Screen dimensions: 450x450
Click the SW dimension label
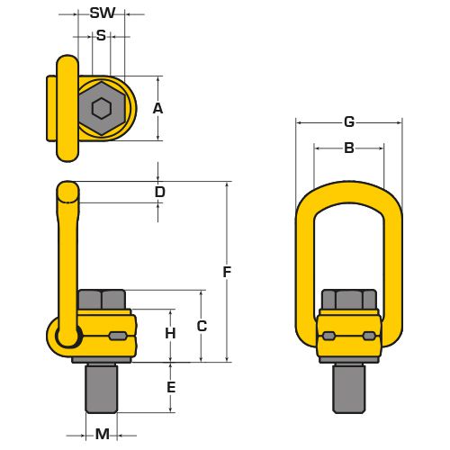103,13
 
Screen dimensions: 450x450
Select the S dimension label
101,36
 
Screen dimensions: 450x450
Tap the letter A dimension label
157,108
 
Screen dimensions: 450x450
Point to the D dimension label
160,192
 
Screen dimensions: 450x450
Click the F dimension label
227,272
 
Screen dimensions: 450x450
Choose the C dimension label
202,326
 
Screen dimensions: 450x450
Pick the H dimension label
170,333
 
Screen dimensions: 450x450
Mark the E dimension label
171,387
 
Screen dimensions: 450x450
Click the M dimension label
103,434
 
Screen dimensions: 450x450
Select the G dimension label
349,121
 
